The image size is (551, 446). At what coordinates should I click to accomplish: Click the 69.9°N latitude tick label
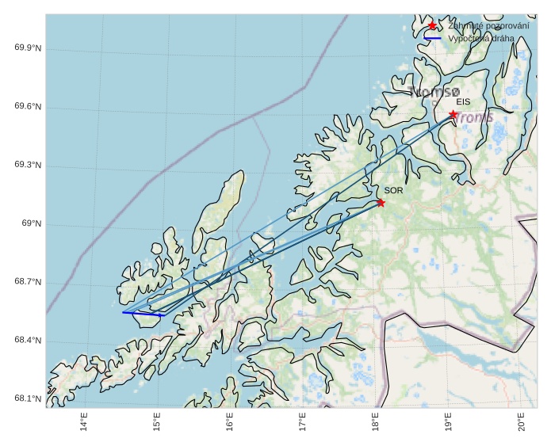[x=28, y=48]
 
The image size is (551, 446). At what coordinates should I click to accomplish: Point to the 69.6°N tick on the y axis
[x=28, y=107]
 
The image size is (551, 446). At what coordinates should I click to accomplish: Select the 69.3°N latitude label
[x=28, y=166]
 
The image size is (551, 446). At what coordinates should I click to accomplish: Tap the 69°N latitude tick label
[x=31, y=224]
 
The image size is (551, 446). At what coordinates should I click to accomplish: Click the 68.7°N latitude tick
[x=28, y=283]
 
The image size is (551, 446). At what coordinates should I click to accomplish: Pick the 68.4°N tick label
[x=28, y=341]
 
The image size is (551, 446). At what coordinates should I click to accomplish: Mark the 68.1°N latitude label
[x=28, y=399]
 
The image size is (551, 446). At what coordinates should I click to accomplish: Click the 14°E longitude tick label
[x=84, y=424]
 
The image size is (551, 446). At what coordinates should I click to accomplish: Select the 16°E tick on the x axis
[x=230, y=424]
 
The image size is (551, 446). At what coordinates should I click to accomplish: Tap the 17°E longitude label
[x=303, y=424]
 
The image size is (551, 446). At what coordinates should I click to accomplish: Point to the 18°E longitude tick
[x=376, y=424]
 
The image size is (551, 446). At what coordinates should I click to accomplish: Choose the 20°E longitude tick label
[x=522, y=424]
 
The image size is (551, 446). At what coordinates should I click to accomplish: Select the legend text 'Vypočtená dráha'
[x=480, y=38]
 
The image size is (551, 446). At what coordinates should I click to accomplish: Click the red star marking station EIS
[x=453, y=114]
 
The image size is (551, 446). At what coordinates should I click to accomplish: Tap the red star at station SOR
[x=381, y=203]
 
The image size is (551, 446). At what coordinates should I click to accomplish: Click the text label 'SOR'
[x=393, y=191]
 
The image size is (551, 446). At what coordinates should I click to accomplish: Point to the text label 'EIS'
[x=463, y=102]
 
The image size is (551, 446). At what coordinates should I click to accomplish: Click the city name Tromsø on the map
[x=434, y=92]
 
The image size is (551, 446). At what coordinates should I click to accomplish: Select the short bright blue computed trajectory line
[x=143, y=314]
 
